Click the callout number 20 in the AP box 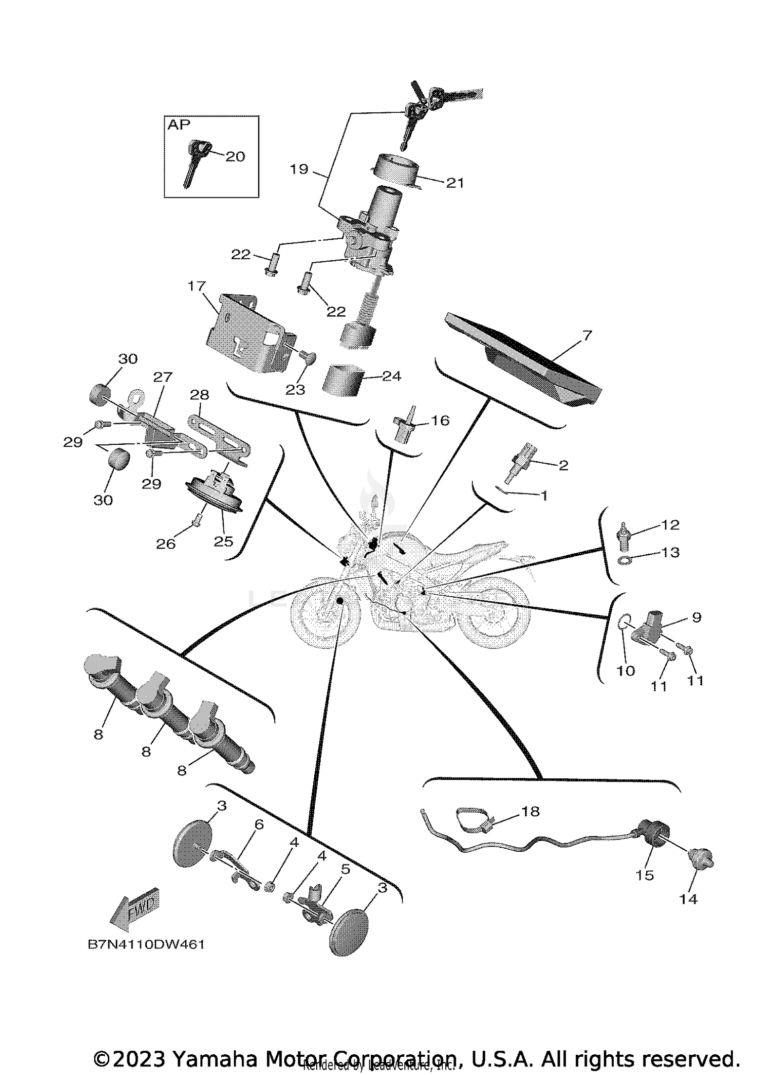click(235, 156)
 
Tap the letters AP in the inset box click(179, 125)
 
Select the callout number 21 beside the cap click(455, 183)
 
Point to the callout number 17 click(196, 286)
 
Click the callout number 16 click(440, 421)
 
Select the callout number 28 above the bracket click(200, 395)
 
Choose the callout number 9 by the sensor click(696, 617)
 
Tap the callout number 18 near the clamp click(530, 811)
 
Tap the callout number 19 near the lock click(299, 169)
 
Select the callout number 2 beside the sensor click(563, 465)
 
